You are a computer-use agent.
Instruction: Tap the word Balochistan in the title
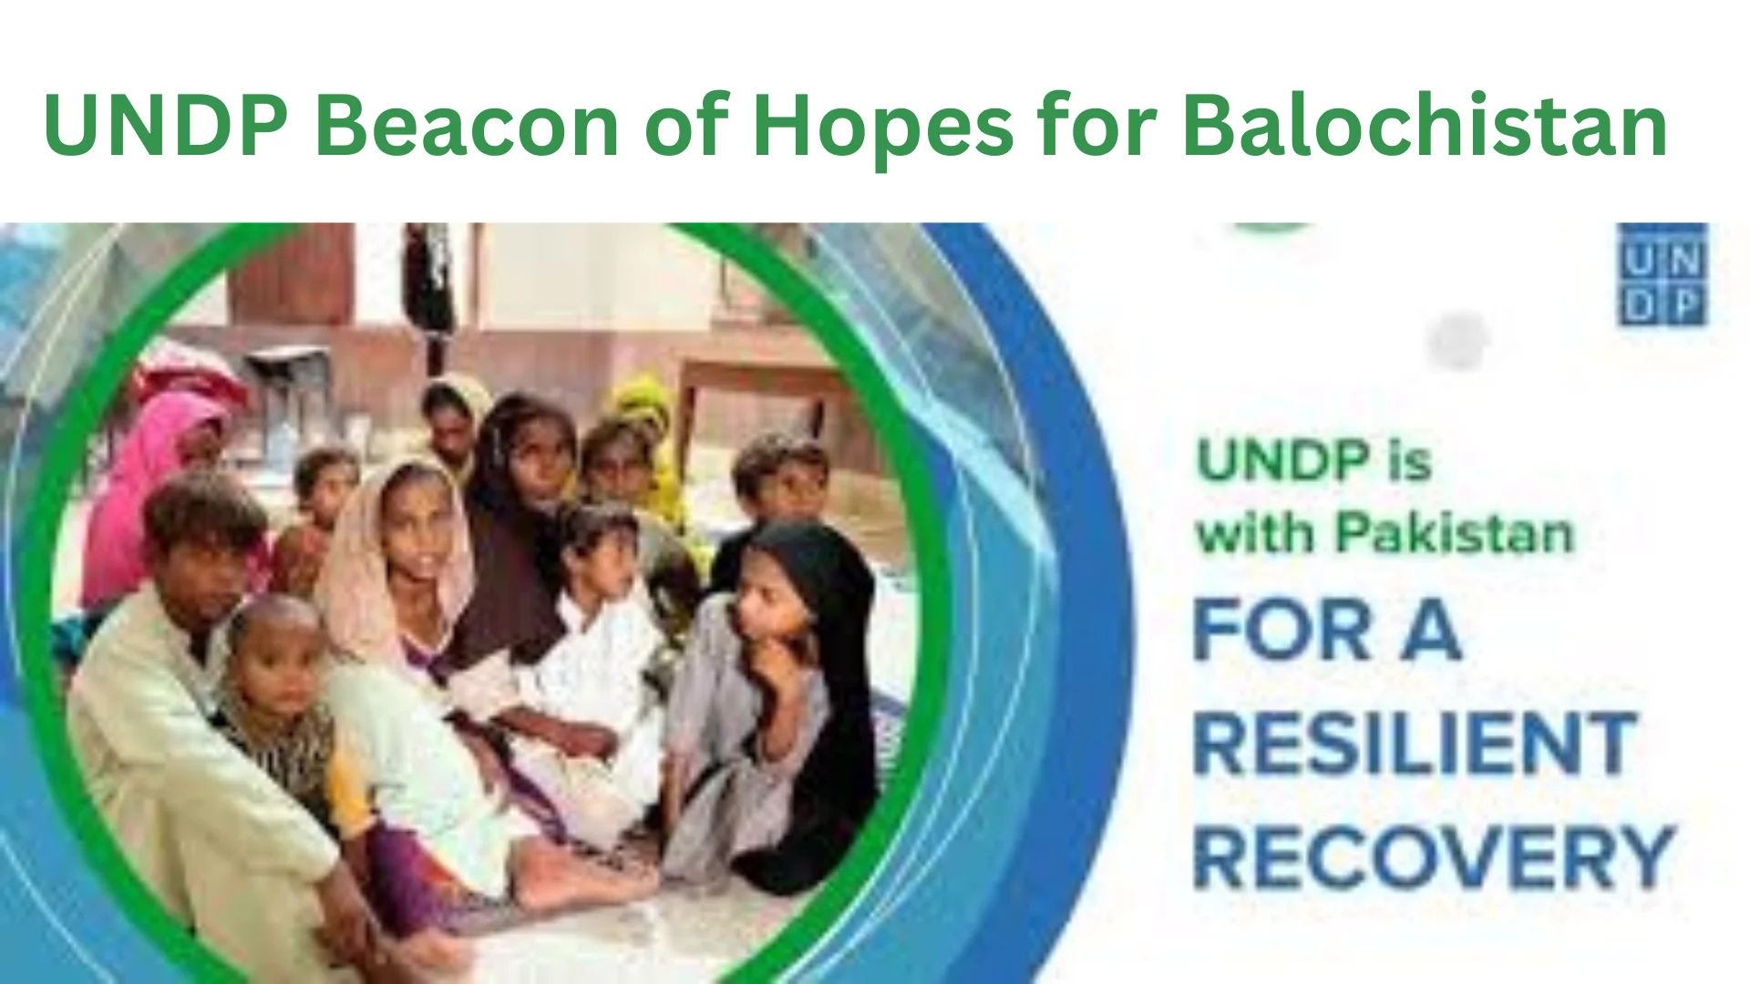click(x=1425, y=126)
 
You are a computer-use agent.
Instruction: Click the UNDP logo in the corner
click(x=1662, y=273)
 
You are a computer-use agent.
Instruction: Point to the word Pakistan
click(x=1455, y=533)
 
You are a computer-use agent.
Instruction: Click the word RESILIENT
click(x=1415, y=743)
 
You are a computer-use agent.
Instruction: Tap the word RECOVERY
click(x=1433, y=857)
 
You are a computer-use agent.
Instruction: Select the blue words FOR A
click(x=1327, y=630)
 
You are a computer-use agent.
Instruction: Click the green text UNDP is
click(x=1313, y=461)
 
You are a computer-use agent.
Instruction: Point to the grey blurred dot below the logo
click(x=1458, y=340)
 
